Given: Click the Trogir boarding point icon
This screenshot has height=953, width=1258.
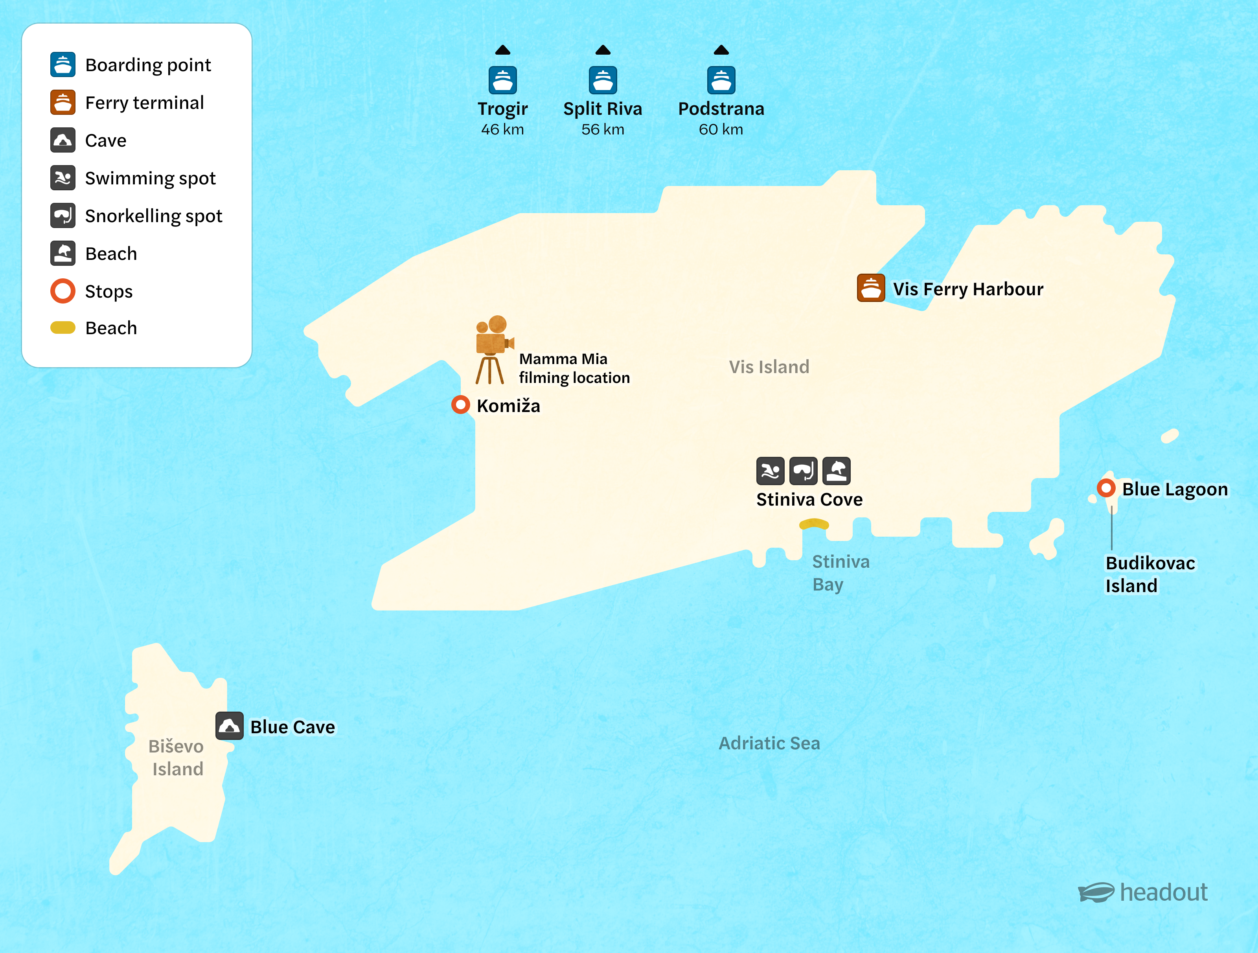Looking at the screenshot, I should point(503,80).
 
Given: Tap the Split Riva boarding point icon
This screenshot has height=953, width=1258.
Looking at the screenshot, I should point(603,80).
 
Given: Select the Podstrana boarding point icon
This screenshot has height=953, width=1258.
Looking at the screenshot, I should point(721,80).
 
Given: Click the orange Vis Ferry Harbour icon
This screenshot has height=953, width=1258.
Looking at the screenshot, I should point(871,288).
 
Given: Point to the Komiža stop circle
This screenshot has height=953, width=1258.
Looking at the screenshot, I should point(460,405).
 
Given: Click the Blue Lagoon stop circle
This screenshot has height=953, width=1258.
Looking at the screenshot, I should point(1106,488).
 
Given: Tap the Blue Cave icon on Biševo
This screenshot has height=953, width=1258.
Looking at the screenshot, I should point(229,726).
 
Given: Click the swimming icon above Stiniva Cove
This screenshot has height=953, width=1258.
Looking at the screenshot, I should point(770,471).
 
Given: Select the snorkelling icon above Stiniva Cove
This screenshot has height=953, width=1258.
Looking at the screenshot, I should point(803,471).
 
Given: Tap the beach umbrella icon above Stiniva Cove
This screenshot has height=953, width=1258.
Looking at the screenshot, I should point(837,471).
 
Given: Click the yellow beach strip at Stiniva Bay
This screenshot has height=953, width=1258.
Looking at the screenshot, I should point(814,524).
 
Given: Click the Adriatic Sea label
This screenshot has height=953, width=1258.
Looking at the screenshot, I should point(769,743).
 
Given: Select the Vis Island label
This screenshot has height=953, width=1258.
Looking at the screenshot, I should point(769,367).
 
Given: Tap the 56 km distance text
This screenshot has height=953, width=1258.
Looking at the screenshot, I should point(603,130).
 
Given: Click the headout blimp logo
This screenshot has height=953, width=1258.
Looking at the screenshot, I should point(1096,892).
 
